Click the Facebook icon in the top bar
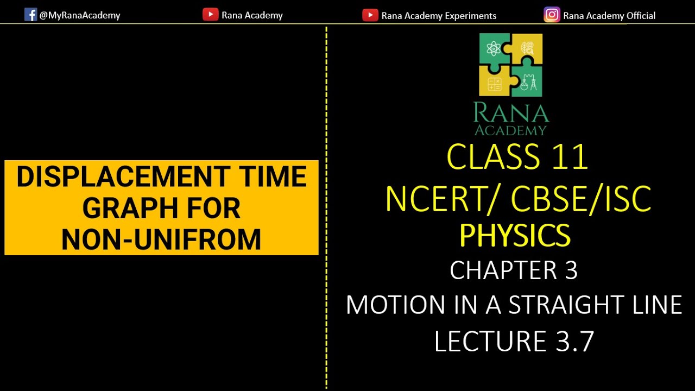tap(30, 15)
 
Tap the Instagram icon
tap(552, 15)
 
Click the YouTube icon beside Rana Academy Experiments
tap(370, 15)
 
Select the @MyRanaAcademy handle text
tap(80, 15)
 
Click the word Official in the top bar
tap(641, 16)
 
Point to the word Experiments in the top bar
tap(470, 16)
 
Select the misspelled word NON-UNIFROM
tap(161, 239)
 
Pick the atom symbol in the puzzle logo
tap(494, 49)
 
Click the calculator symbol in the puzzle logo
tap(494, 83)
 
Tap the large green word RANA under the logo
tap(511, 113)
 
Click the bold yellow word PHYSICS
tap(514, 235)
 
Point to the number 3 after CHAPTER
tap(571, 270)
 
